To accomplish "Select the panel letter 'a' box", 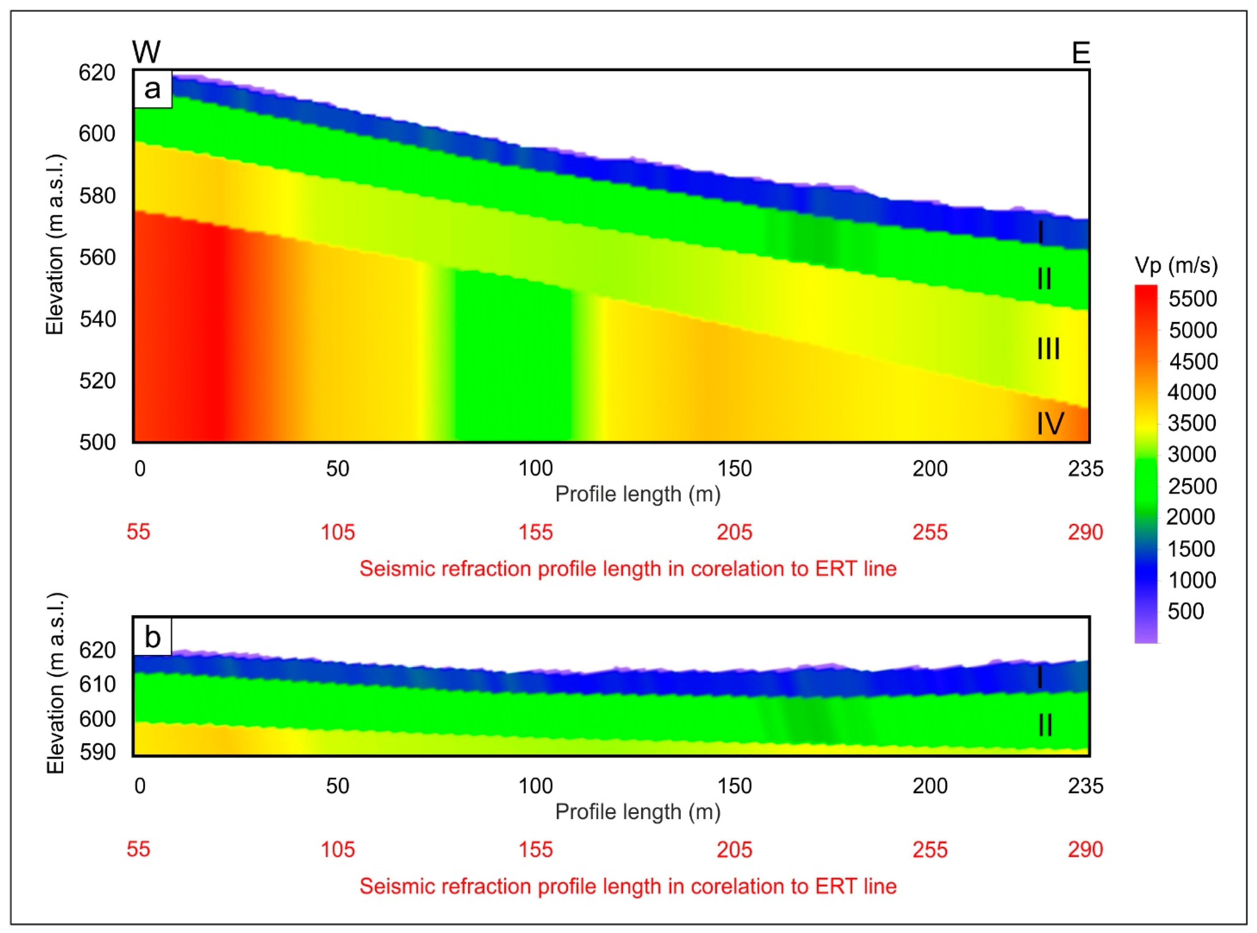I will coord(153,89).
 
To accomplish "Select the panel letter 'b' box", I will coord(153,637).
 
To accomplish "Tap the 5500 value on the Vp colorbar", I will coord(1192,299).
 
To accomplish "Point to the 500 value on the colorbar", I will coord(1185,611).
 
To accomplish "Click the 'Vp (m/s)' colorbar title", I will coord(1176,265).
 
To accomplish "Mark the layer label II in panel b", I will coord(1045,725).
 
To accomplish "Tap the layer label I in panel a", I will coord(1041,232).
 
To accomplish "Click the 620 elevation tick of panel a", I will coord(97,73).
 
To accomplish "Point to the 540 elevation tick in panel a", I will coord(97,319).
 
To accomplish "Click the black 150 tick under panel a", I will coord(734,468).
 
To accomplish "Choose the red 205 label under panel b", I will coord(734,849).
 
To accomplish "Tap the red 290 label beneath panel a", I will coord(1085,532).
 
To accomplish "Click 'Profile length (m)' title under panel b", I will coord(638,812).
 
